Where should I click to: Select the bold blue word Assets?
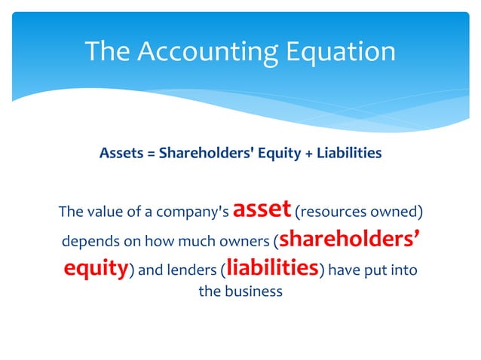[119, 154]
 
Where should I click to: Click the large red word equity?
[94, 268]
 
